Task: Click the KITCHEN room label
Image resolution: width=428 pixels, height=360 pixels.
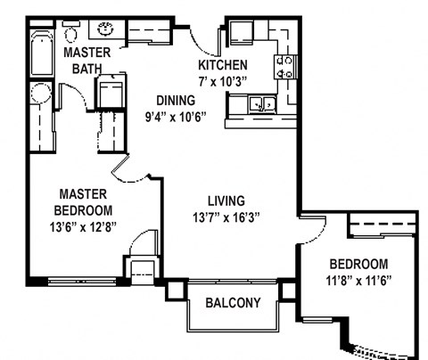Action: tap(222, 66)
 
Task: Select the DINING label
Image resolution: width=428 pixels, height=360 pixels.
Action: tap(175, 101)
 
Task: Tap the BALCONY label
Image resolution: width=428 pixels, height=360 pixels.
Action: tap(233, 303)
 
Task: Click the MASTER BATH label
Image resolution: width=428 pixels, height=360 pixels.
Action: tap(87, 61)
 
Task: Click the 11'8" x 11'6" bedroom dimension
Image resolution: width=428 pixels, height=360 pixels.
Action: tap(358, 280)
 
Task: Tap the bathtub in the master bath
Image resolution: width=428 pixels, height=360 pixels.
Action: tap(40, 55)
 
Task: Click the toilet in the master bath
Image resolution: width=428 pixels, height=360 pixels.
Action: tap(70, 34)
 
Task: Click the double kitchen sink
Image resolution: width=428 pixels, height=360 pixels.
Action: tap(261, 105)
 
